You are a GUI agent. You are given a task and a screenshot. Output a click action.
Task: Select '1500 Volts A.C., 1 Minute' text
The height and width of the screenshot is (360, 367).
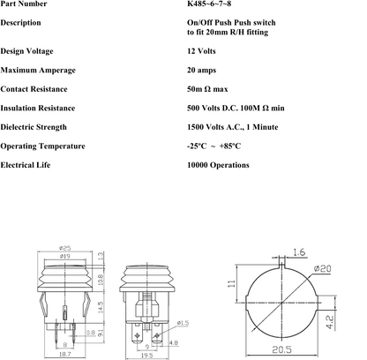(232, 126)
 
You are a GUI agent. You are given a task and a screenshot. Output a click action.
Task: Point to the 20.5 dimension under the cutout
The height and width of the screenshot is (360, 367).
(282, 350)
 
